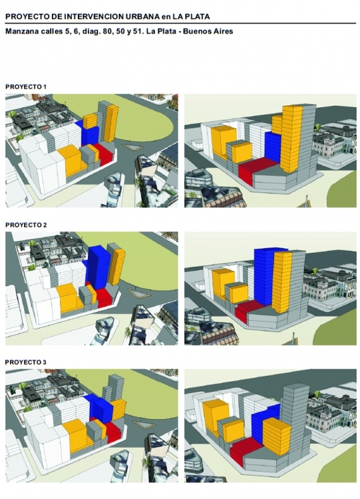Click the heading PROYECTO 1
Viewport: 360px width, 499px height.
26,86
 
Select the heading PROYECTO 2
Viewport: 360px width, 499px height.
26,225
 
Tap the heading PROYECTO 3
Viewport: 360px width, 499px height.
26,362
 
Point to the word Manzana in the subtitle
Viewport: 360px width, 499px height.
20,31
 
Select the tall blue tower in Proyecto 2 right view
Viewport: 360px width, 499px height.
265,275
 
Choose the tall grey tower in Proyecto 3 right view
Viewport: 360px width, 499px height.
295,426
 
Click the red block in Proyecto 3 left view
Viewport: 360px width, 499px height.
113,431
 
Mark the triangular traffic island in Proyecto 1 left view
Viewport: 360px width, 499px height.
131,147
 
